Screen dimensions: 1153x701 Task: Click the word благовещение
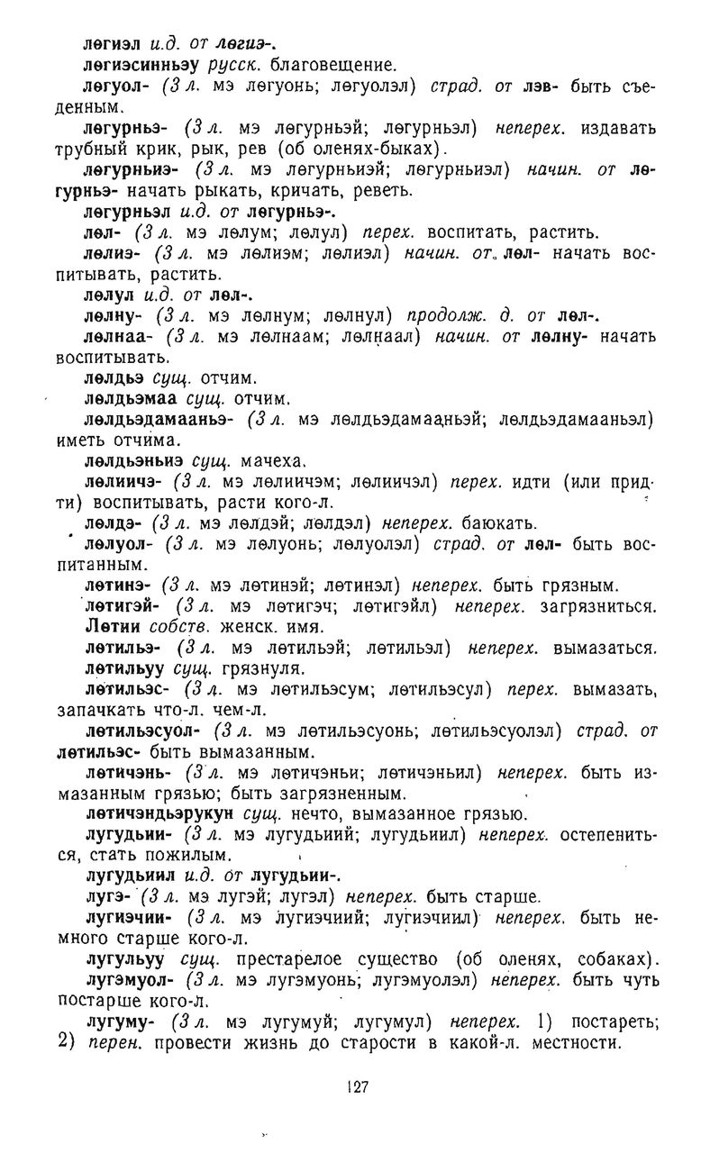pyautogui.click(x=319, y=65)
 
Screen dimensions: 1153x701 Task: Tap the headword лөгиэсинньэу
pyautogui.click(x=141, y=65)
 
